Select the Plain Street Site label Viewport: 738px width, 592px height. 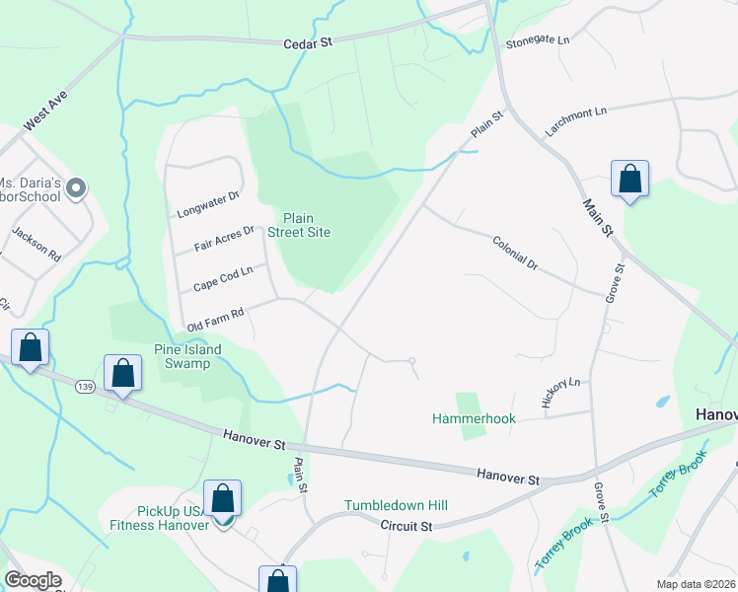point(306,225)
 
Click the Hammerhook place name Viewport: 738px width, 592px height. point(474,418)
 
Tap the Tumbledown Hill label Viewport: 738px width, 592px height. point(396,505)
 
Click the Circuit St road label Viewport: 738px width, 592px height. point(406,526)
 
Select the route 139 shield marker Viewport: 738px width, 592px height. point(86,387)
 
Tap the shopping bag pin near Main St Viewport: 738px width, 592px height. point(629,180)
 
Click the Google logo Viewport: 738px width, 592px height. point(33,580)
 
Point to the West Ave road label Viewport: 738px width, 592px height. point(43,113)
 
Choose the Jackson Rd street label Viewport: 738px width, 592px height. point(37,243)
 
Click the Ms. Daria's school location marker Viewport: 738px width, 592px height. point(80,187)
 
